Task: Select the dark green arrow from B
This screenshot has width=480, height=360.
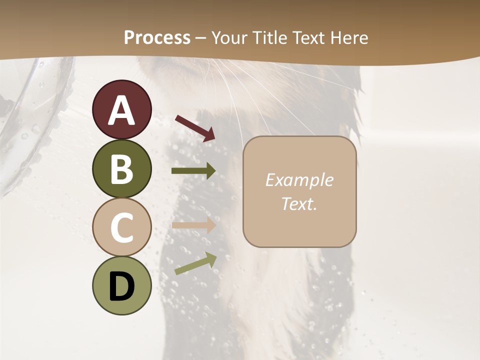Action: (193, 171)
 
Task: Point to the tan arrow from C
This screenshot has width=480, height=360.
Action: (193, 225)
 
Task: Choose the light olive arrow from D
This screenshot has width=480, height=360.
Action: (195, 263)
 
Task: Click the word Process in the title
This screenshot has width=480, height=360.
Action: (157, 38)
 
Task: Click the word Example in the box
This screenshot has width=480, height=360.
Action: (299, 180)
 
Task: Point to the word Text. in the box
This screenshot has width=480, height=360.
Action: (299, 203)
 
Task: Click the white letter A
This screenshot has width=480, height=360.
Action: (122, 110)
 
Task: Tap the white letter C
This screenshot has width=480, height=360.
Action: (122, 228)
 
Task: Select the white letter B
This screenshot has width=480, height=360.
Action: (122, 169)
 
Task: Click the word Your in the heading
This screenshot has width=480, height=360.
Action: (228, 38)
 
